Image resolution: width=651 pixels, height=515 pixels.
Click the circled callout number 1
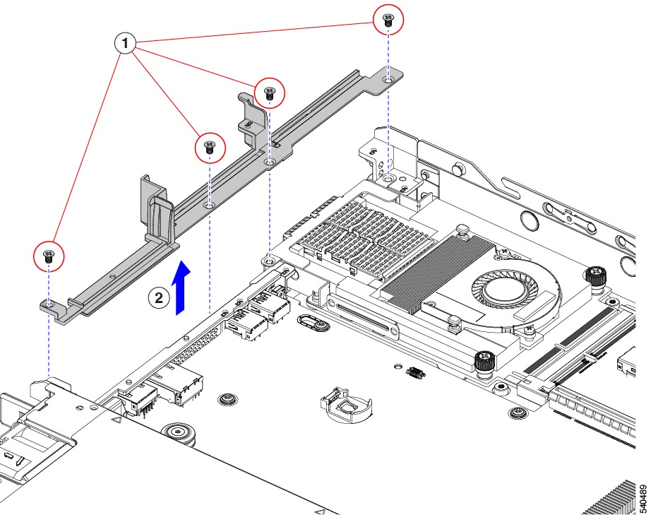click(x=126, y=44)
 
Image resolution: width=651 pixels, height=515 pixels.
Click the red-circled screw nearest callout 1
click(x=209, y=147)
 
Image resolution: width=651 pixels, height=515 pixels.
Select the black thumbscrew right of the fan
click(x=597, y=276)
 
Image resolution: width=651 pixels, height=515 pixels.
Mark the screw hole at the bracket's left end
click(x=47, y=304)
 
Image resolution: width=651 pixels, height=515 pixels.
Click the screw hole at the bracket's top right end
click(x=388, y=81)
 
